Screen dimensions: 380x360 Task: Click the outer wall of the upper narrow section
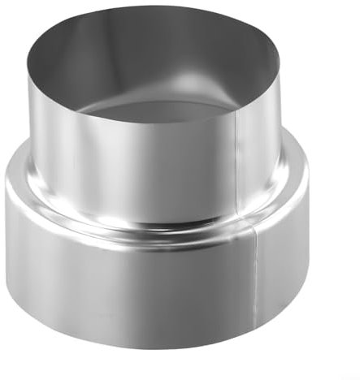(x=122, y=162)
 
